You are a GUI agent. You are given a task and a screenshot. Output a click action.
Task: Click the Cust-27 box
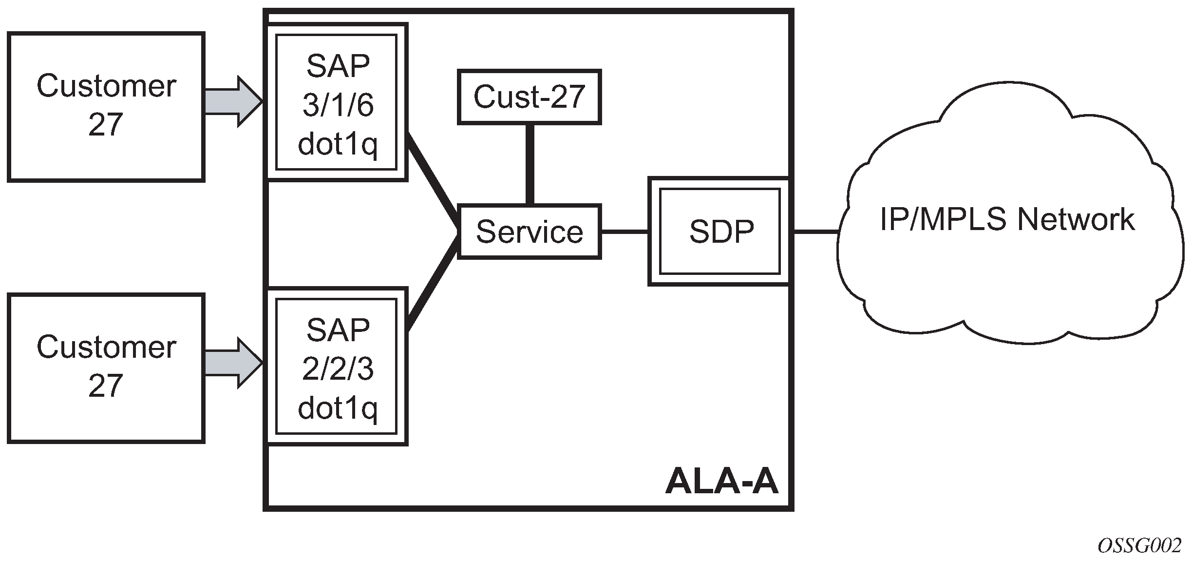point(529,97)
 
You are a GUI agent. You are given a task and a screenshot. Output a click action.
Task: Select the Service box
point(529,231)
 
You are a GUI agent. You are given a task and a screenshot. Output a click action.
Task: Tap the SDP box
point(720,231)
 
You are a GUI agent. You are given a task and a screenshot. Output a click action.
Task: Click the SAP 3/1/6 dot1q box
point(337,103)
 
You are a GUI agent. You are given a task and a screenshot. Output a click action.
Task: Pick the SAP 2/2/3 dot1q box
point(337,367)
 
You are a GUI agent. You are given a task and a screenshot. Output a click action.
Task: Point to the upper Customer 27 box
point(106,107)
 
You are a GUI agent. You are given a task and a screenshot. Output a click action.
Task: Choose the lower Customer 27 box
point(106,368)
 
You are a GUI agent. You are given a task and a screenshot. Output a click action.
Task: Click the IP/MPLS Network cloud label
point(1007,219)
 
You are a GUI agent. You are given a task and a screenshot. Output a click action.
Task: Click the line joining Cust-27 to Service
point(530,164)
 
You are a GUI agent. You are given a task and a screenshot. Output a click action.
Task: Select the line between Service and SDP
point(624,232)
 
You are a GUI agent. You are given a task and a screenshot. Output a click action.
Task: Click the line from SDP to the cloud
point(816,232)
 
